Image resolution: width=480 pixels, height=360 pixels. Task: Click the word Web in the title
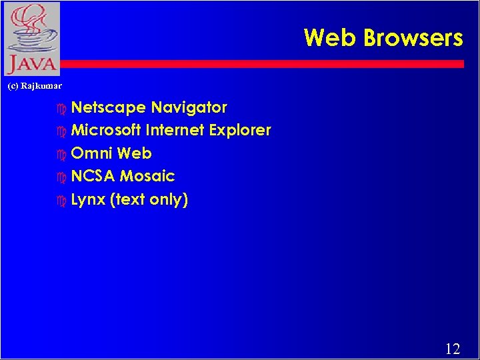coord(330,38)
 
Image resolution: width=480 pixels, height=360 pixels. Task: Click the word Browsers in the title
coord(413,38)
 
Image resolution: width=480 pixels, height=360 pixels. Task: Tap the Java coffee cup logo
coord(31,38)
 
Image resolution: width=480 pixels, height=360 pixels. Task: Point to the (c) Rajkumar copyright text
coord(35,86)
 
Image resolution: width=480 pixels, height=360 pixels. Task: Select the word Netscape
coord(109,108)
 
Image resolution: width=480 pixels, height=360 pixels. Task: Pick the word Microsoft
coord(105,130)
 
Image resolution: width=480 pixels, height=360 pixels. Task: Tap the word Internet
coord(175,130)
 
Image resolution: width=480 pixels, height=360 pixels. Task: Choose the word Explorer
coord(240,131)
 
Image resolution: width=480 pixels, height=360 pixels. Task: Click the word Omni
coord(91,153)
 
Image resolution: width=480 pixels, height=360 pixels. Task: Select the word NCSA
coord(93,177)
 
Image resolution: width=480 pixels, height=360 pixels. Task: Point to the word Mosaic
coord(147,177)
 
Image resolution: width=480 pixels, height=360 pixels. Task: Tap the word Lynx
coord(88,200)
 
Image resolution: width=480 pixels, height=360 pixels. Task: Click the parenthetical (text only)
coord(149,200)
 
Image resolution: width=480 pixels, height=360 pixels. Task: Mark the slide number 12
coord(453,348)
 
